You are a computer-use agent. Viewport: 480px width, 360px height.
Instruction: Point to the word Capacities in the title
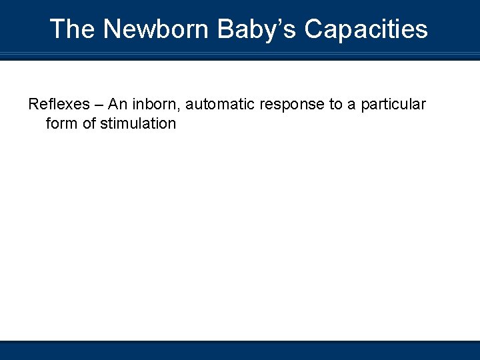coord(366,29)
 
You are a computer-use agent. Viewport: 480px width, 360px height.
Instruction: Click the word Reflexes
coord(57,105)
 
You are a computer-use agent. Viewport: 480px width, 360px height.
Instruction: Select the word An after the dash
coord(117,105)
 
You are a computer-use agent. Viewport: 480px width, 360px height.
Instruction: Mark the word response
coord(291,105)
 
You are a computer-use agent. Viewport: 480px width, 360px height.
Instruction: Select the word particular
coord(393,105)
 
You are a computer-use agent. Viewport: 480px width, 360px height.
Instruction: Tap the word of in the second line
coord(89,123)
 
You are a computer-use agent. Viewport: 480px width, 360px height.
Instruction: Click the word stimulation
coord(138,123)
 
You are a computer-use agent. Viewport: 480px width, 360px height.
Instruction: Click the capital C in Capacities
coord(313,29)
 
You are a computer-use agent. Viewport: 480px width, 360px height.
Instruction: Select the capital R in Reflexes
coord(33,105)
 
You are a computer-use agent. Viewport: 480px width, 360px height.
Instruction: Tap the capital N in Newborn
coord(112,29)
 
